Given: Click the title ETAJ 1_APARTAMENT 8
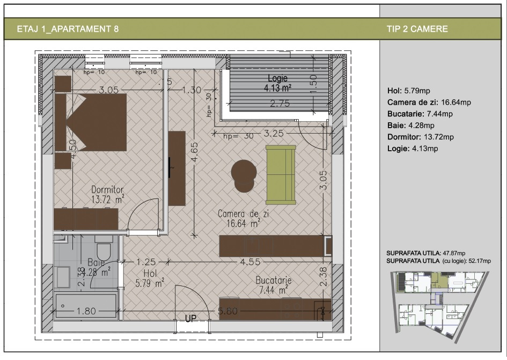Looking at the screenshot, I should click(x=68, y=29).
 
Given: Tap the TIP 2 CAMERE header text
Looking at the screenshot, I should click(x=417, y=29).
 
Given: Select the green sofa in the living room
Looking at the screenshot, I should click(x=281, y=174).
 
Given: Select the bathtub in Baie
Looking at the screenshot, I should click(x=86, y=306).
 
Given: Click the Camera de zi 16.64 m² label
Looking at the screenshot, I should click(x=239, y=218).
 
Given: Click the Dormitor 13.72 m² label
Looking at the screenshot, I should click(x=107, y=195).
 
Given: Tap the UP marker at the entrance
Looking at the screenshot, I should click(x=190, y=319).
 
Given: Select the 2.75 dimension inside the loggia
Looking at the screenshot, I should click(x=280, y=104).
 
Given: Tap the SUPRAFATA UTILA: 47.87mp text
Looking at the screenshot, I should click(x=425, y=253).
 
